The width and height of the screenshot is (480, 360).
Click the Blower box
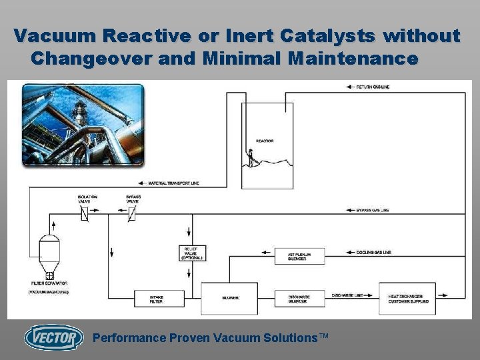click(x=229, y=298)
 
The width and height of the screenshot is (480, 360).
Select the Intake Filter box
click(x=159, y=299)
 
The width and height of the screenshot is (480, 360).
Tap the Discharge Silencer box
click(x=300, y=299)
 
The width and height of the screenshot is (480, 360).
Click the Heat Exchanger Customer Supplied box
click(x=407, y=299)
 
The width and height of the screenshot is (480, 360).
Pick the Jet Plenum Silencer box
click(x=299, y=256)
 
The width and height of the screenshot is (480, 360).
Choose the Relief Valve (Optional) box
click(x=193, y=253)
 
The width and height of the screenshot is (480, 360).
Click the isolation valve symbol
click(x=85, y=213)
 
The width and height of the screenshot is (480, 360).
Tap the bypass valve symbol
click(x=131, y=213)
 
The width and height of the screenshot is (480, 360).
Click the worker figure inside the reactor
click(x=251, y=157)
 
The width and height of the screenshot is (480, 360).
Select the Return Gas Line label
click(x=375, y=87)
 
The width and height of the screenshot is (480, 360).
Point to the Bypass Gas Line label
click(x=372, y=210)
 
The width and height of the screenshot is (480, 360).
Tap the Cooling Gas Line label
click(x=373, y=252)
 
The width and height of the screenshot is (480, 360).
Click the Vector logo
click(x=53, y=337)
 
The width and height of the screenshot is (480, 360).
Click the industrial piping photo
click(x=83, y=125)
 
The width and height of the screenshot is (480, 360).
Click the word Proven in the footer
click(x=185, y=338)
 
